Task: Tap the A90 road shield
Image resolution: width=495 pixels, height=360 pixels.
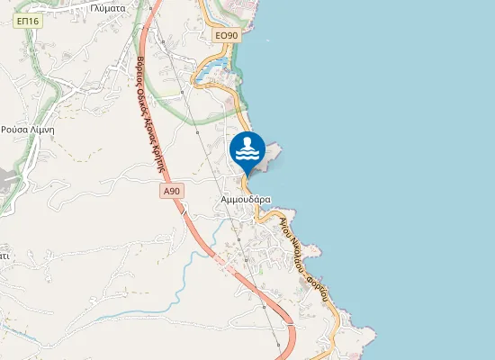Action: click(x=173, y=192)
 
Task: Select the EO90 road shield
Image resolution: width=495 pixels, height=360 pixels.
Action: click(x=227, y=35)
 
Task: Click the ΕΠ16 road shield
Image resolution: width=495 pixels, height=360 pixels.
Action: click(x=29, y=21)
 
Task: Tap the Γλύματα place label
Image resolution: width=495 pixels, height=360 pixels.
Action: click(x=107, y=5)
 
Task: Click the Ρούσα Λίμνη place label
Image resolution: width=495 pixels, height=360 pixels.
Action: click(x=29, y=130)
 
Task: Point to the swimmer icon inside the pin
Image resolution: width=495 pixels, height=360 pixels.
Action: click(x=247, y=147)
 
